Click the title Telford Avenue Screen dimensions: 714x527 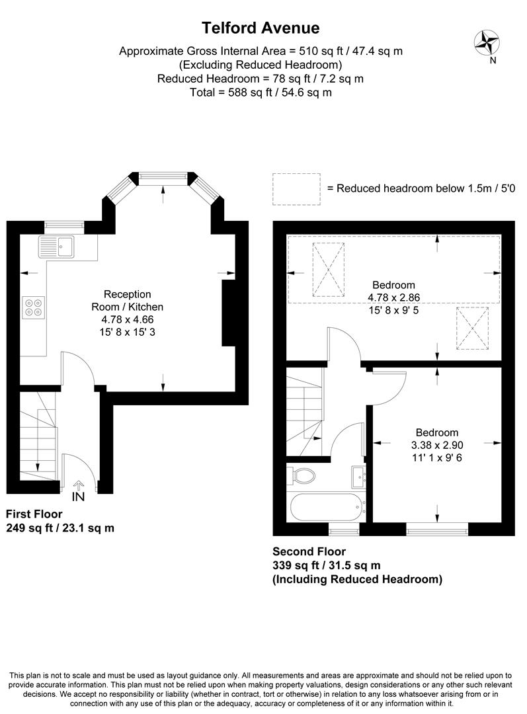[x=261, y=28]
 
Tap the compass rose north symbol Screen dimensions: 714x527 [x=487, y=44]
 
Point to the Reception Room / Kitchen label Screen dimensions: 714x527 [x=127, y=301]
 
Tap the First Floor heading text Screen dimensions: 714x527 [x=34, y=514]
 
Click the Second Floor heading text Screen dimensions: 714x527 [x=309, y=551]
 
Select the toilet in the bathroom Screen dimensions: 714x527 [x=304, y=475]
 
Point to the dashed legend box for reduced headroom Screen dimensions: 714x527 [x=296, y=188]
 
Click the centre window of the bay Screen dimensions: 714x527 [x=163, y=176]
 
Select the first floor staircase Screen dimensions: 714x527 [x=38, y=436]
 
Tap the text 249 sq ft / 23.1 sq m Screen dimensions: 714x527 [x=55, y=528]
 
